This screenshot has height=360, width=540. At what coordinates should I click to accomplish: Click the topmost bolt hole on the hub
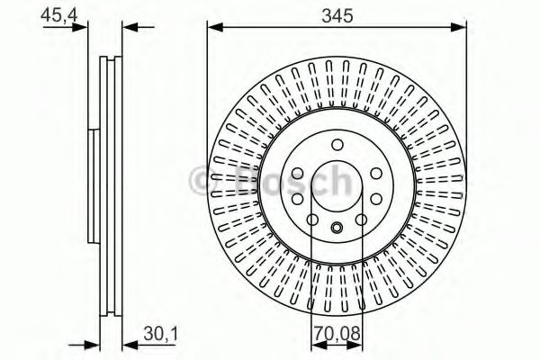point(337,145)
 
